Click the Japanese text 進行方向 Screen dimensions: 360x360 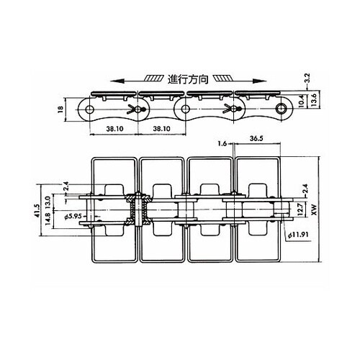188,79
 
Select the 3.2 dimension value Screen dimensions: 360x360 308,78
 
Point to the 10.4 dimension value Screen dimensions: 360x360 302,101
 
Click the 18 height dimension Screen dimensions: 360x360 60,109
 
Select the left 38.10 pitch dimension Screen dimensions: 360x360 114,129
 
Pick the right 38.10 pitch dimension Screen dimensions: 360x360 162,129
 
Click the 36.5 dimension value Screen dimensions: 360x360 256,138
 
